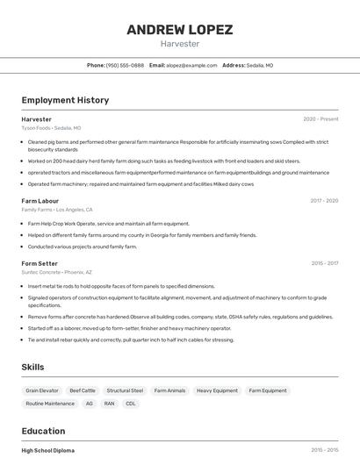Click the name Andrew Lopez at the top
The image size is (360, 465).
pyautogui.click(x=179, y=30)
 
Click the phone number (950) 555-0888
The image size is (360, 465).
pyautogui.click(x=125, y=65)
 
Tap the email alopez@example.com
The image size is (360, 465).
pyautogui.click(x=191, y=65)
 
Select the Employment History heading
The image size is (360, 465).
pyautogui.click(x=65, y=100)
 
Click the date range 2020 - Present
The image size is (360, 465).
pyautogui.click(x=320, y=118)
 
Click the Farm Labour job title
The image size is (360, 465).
pyautogui.click(x=40, y=200)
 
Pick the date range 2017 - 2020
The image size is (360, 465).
pyautogui.click(x=324, y=200)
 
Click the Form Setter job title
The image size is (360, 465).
pyautogui.click(x=40, y=263)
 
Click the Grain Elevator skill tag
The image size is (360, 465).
pyautogui.click(x=42, y=390)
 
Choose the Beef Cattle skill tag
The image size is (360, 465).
pyautogui.click(x=83, y=390)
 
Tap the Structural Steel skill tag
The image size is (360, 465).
pyautogui.click(x=125, y=390)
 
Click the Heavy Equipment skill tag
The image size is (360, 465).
pyautogui.click(x=217, y=390)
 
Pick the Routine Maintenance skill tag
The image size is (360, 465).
pyautogui.click(x=50, y=404)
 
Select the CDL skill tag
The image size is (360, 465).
pyautogui.click(x=131, y=404)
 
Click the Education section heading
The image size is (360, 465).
pyautogui.click(x=43, y=431)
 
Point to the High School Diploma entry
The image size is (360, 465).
pyautogui.click(x=48, y=450)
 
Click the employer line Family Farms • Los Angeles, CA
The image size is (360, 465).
pyautogui.click(x=57, y=210)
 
